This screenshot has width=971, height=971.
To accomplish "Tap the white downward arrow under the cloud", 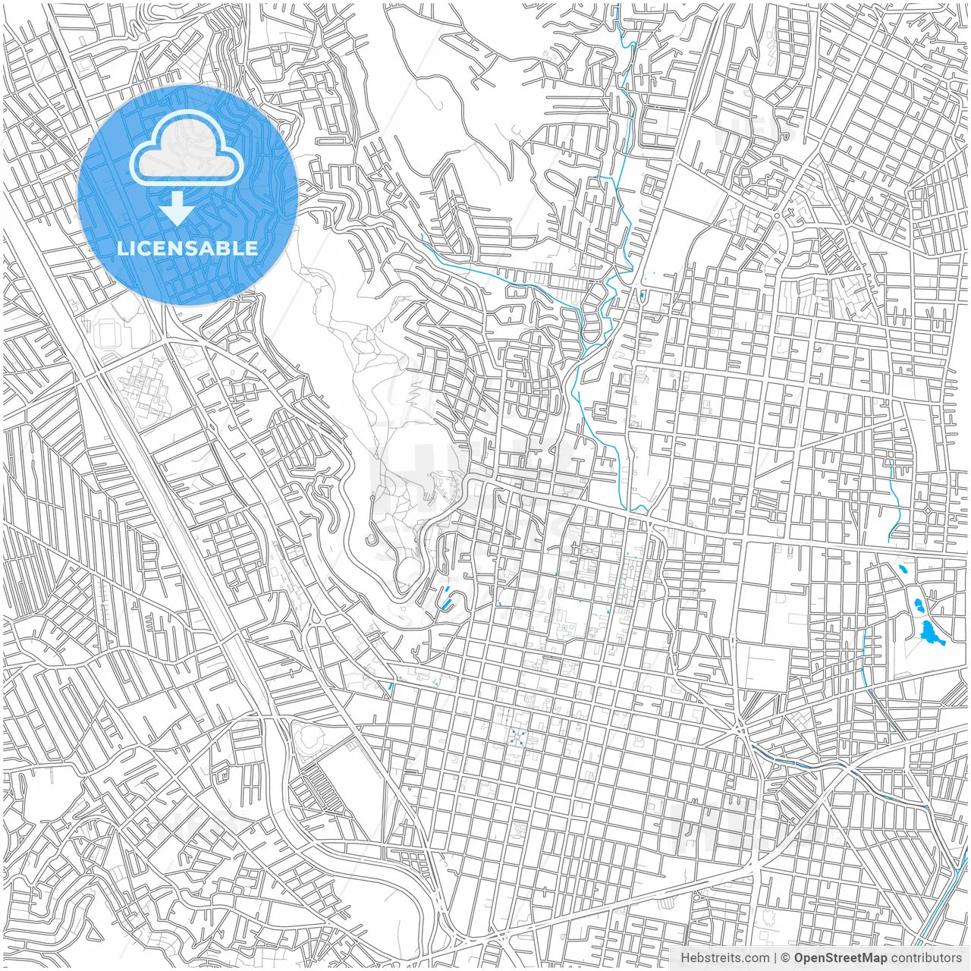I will pos(178,208).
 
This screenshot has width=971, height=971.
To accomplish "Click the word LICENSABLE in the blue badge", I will pos(187,248).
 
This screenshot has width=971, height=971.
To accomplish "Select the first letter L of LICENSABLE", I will pos(121,248).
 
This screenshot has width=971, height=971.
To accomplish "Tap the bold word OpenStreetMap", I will pos(841,958).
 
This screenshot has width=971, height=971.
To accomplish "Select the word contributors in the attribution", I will pos(926,958).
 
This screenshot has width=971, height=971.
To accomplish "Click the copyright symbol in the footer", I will pos(786,958).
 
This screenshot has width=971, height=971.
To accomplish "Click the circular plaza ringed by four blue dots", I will pos(517,734).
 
